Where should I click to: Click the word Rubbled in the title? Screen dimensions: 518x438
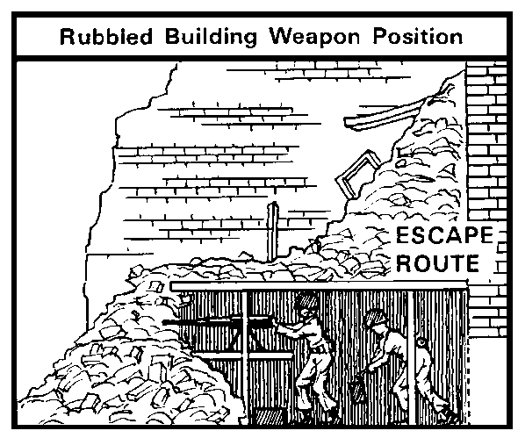click(x=106, y=36)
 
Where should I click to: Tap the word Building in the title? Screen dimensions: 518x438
click(x=211, y=37)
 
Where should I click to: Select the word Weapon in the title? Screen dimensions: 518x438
click(x=315, y=37)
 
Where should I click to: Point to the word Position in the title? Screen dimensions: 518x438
click(x=418, y=36)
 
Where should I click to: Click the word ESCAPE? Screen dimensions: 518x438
click(x=444, y=235)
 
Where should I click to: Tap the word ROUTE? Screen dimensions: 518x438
click(x=437, y=262)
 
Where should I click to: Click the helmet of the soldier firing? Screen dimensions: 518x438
click(x=306, y=300)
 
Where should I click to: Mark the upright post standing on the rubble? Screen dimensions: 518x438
click(x=273, y=232)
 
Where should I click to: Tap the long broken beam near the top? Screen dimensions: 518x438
click(x=386, y=114)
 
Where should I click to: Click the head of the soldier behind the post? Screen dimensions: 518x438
click(x=421, y=342)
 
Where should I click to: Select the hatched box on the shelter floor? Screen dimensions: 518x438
click(x=269, y=416)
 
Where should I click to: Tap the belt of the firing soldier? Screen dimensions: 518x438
click(x=320, y=348)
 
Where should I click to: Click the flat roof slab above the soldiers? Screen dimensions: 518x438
click(x=319, y=286)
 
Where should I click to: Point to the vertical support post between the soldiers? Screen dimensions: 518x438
click(x=411, y=356)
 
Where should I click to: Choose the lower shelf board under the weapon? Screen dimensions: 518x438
click(x=243, y=355)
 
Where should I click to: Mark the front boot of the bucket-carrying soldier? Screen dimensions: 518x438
click(x=405, y=417)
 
